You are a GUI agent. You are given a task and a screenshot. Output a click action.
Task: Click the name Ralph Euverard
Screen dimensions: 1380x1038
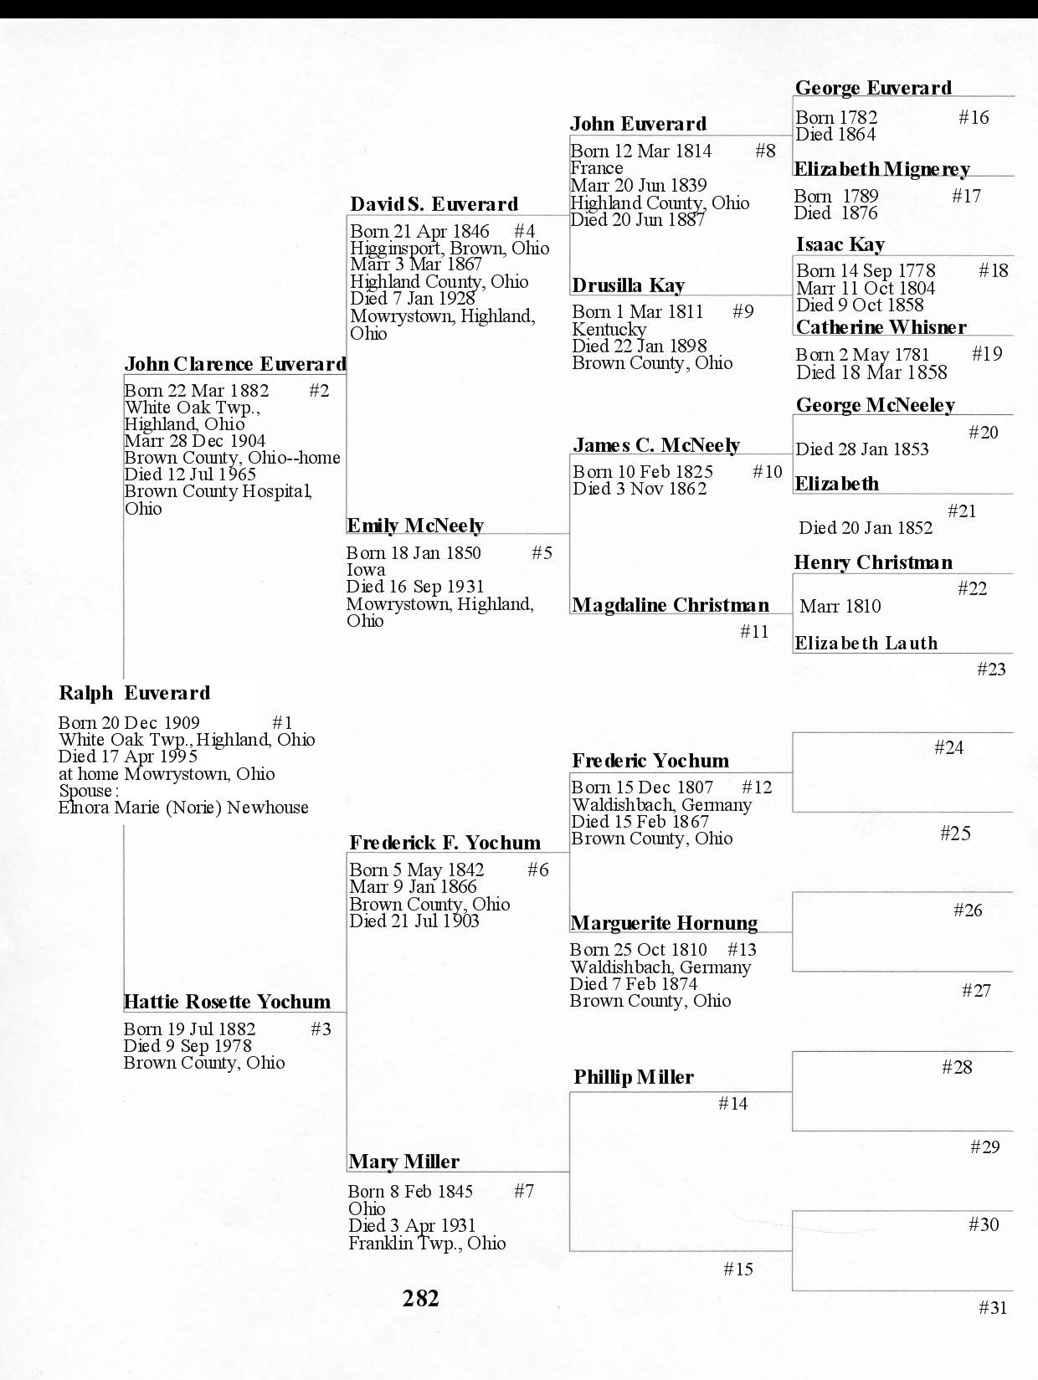click(134, 693)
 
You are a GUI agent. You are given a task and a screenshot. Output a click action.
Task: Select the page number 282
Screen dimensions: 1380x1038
click(420, 1298)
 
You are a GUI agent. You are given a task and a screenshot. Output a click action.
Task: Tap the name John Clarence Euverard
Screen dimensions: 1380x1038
click(234, 364)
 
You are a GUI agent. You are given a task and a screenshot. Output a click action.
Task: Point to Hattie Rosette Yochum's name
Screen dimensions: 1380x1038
click(227, 1002)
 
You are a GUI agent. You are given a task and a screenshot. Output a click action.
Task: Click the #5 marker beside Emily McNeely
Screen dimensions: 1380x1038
click(542, 552)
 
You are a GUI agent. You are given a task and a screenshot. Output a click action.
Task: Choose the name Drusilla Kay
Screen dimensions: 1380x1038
click(628, 286)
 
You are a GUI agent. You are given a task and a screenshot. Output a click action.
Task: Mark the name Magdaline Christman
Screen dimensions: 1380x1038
click(671, 605)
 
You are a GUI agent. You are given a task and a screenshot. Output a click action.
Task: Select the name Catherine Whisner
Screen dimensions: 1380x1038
click(881, 327)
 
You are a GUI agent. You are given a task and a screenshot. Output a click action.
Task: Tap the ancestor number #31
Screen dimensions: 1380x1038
click(993, 1307)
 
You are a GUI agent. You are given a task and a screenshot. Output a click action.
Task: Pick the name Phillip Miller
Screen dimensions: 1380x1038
click(634, 1077)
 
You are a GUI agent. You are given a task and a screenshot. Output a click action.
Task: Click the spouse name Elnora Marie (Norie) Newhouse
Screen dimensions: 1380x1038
click(183, 808)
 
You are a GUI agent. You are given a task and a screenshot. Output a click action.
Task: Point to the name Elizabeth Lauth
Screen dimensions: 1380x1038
click(866, 643)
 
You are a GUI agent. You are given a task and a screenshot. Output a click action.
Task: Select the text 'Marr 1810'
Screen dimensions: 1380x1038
click(840, 606)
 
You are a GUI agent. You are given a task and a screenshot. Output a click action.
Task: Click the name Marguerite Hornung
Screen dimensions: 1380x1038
click(664, 923)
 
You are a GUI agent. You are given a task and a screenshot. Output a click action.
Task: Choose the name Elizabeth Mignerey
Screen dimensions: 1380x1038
click(881, 169)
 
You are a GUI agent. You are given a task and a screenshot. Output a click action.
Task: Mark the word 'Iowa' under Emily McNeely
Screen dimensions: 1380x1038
click(366, 570)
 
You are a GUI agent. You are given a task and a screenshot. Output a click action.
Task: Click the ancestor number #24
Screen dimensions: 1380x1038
click(948, 747)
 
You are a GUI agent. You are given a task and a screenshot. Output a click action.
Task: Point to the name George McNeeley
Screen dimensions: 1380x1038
click(875, 405)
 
